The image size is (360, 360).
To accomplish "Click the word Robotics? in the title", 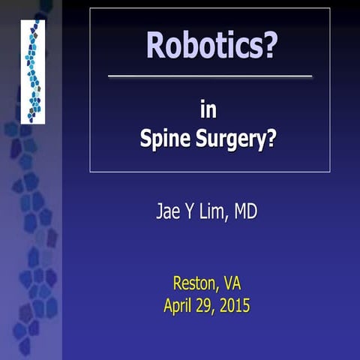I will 211,46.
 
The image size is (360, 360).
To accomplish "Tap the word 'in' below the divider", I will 210,110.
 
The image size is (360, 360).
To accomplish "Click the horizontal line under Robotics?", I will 210,76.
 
